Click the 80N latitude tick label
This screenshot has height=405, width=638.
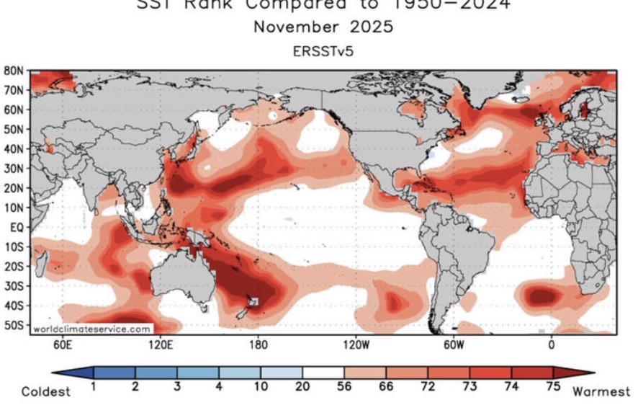pos(14,71)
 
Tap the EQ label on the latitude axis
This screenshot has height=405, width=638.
pos(17,226)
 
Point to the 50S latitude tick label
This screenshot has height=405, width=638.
pos(14,324)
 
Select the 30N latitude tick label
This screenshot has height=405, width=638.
pos(14,168)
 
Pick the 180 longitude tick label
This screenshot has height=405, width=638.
pos(258,344)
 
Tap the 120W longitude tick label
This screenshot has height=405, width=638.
pos(356,344)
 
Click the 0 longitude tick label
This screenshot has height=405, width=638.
pos(551,344)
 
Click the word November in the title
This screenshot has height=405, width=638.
pos(294,28)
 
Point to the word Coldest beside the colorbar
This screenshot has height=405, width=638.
pos(46,392)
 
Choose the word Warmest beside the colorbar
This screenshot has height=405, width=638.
pos(601,392)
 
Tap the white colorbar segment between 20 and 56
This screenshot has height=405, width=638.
pos(323,373)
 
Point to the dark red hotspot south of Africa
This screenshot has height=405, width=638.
pos(542,295)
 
